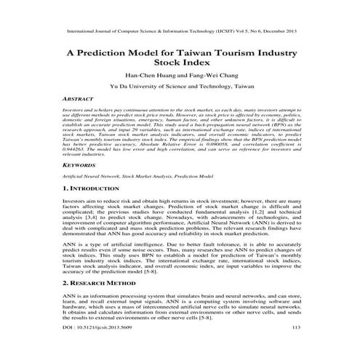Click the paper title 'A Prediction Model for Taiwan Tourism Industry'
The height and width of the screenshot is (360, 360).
[x=180, y=53]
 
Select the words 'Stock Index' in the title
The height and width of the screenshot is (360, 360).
[x=180, y=65]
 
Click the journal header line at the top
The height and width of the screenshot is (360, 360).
[x=180, y=33]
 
